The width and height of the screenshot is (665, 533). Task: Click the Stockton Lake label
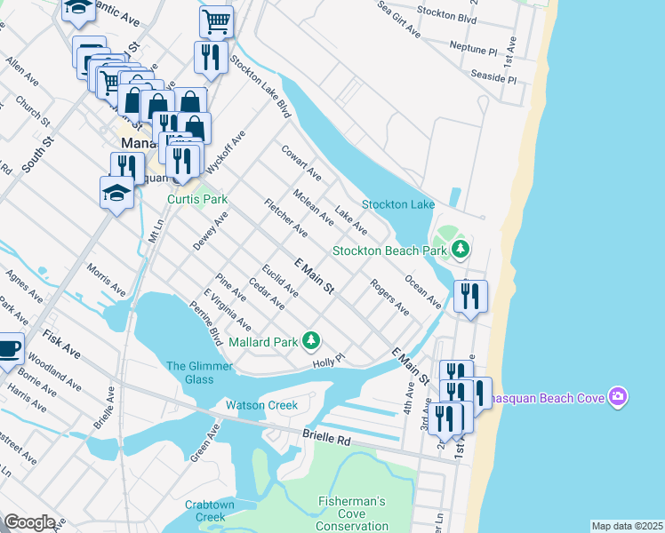click(397, 204)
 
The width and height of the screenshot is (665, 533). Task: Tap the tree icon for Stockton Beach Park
click(460, 250)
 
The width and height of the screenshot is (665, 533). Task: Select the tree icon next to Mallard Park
click(311, 340)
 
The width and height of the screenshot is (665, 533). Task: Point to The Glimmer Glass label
click(200, 372)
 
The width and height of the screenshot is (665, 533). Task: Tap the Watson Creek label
click(260, 405)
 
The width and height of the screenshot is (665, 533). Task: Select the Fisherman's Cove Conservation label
click(352, 513)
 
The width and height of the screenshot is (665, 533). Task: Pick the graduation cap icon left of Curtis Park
click(116, 193)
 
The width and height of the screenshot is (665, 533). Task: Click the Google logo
click(29, 522)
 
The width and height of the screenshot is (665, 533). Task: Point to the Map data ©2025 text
click(626, 526)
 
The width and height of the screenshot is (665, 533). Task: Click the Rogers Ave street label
click(389, 298)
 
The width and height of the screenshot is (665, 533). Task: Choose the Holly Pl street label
click(327, 361)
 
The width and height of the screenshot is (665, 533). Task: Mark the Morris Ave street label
click(106, 278)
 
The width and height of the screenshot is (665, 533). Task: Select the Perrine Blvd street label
click(206, 323)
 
